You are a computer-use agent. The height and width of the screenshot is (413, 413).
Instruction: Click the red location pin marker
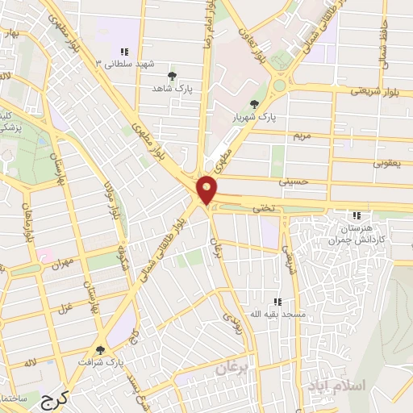(208, 189)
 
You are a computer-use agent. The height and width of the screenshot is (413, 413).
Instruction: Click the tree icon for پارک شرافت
(100, 350)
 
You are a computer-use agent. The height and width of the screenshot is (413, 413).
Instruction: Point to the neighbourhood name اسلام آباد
(337, 386)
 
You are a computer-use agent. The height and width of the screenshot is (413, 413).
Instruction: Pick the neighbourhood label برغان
(234, 369)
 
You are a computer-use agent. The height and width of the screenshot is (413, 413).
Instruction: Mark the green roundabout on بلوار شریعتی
(279, 84)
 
